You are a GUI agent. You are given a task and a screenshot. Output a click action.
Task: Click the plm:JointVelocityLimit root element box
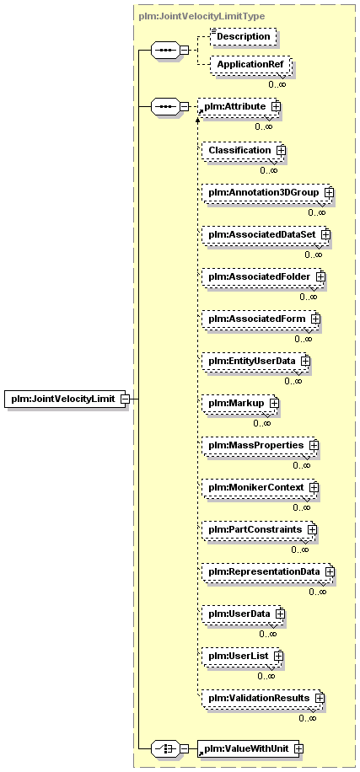(67, 399)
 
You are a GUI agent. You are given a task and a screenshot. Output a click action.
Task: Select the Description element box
(243, 36)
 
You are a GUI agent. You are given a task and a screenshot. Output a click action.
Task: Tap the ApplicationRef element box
(250, 64)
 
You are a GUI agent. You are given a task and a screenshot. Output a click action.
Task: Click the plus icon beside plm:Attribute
(277, 106)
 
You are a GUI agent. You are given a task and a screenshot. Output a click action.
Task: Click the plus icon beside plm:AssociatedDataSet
(325, 235)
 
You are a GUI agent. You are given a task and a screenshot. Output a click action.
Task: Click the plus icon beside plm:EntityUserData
(306, 361)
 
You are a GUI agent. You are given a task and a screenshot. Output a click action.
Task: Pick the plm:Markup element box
(239, 403)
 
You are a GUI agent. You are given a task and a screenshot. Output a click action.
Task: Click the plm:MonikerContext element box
(260, 488)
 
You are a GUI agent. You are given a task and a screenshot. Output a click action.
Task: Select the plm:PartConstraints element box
(259, 530)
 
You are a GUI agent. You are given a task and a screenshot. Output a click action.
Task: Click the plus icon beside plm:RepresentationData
(330, 572)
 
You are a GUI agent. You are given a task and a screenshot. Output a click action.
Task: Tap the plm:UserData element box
(244, 614)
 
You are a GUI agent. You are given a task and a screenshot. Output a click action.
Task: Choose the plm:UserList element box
(242, 657)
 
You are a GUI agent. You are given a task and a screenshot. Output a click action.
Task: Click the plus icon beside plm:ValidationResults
(320, 699)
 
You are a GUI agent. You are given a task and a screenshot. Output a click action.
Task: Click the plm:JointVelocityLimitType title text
(201, 16)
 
